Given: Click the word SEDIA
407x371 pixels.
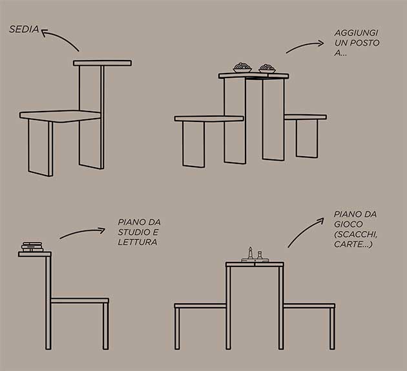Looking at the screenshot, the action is click(24, 29).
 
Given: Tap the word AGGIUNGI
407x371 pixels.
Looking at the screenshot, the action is click(356, 33).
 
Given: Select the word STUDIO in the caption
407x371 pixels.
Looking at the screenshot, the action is click(134, 232).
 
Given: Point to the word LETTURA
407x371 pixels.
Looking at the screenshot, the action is click(138, 242).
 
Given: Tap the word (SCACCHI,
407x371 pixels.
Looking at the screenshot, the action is click(355, 234).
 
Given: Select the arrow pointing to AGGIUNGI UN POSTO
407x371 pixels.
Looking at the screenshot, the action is click(305, 46).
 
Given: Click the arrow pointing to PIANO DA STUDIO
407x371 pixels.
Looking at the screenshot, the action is click(83, 232).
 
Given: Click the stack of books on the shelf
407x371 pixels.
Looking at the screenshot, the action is click(32, 247).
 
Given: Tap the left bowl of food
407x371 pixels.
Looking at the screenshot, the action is click(242, 67).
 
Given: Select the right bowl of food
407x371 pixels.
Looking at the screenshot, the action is click(267, 68).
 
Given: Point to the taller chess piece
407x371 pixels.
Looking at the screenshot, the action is click(250, 254).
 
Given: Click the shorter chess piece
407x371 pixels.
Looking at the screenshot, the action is click(259, 256).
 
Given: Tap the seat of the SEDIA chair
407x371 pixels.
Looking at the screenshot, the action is click(60, 116).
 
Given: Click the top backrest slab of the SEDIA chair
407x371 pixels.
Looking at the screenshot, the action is click(102, 63).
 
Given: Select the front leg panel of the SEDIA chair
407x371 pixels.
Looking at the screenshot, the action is click(40, 148).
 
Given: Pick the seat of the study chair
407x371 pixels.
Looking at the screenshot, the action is click(80, 301).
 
